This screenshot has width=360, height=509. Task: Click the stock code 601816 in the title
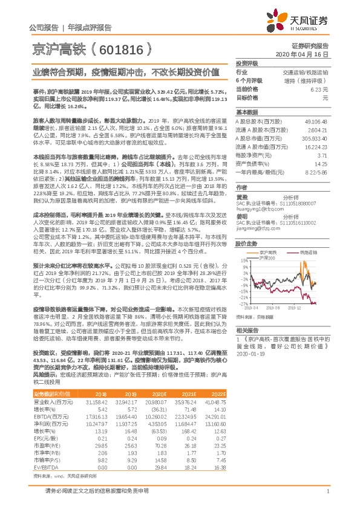click(x=118, y=47)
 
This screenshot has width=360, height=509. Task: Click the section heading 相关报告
click(x=247, y=330)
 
